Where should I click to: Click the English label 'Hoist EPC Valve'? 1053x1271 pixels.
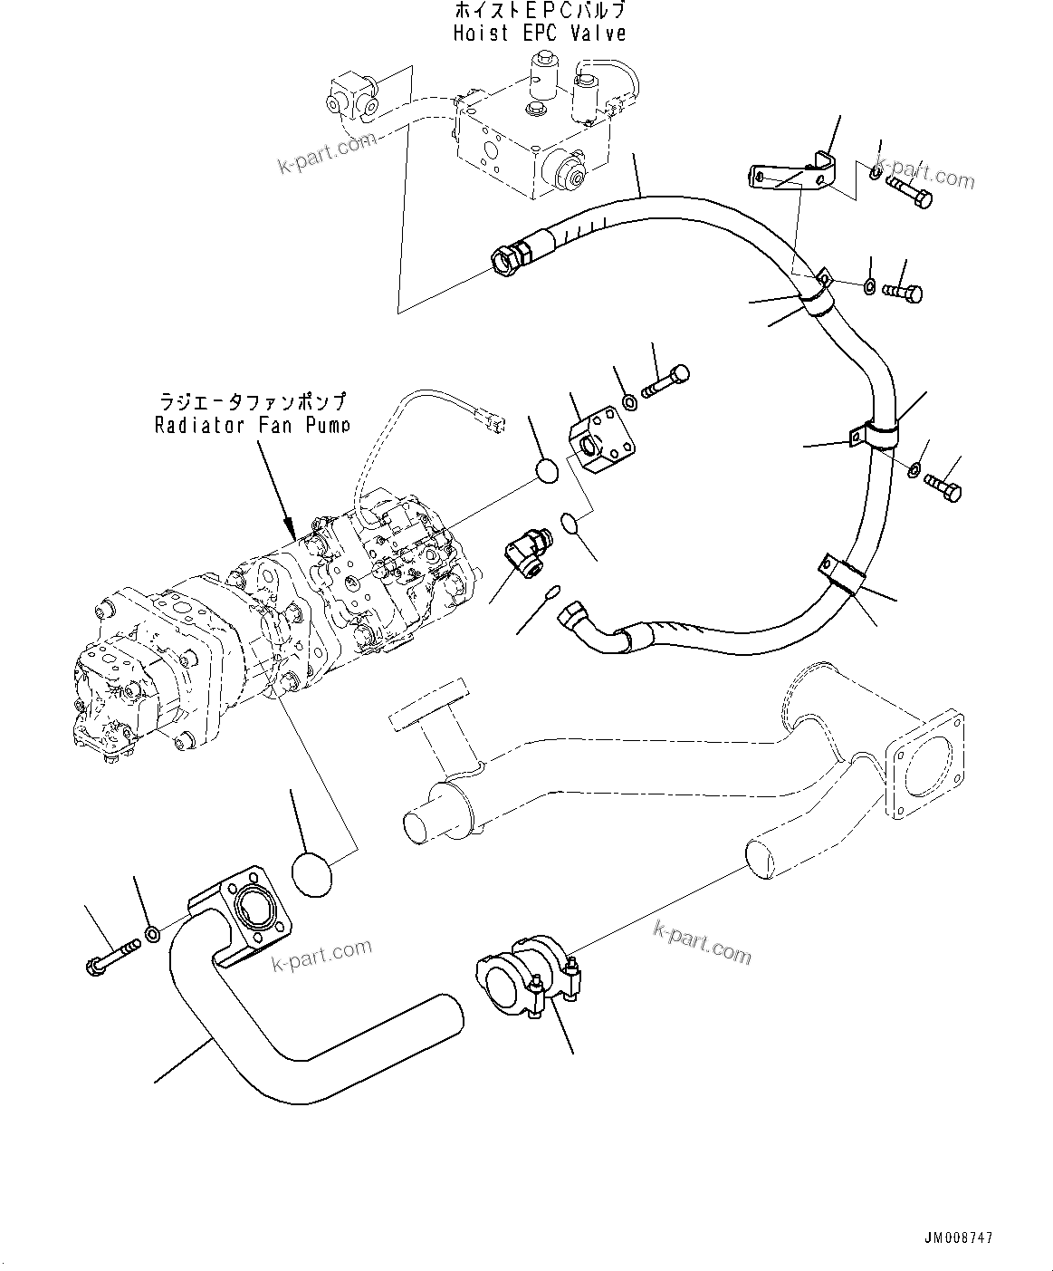[540, 34]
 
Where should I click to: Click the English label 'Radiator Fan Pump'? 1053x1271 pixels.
[252, 424]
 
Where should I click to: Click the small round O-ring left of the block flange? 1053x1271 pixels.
[548, 473]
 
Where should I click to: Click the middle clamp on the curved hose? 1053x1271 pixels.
[875, 432]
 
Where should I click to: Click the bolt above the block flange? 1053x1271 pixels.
[665, 381]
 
